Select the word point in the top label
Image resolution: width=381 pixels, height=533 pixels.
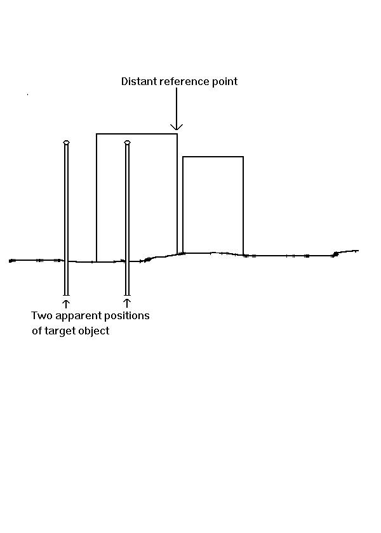pos(225,82)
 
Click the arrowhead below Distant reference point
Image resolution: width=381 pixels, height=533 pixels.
pos(177,127)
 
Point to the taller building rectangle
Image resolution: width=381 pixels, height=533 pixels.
pos(97,197)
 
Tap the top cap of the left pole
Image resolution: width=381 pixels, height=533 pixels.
pos(66,142)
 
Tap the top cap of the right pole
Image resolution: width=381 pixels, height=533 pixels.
pos(127,142)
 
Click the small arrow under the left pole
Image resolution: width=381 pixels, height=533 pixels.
pos(66,303)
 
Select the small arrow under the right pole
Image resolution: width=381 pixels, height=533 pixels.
pos(127,303)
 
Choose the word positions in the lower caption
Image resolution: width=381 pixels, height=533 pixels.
pos(127,317)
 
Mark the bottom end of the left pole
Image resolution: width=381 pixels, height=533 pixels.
pos(66,295)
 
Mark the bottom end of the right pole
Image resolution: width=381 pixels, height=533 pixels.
pos(127,295)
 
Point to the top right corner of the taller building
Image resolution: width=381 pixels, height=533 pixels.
pos(177,134)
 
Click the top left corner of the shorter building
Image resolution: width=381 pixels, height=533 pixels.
pos(183,157)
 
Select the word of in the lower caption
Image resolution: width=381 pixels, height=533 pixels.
pos(37,331)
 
